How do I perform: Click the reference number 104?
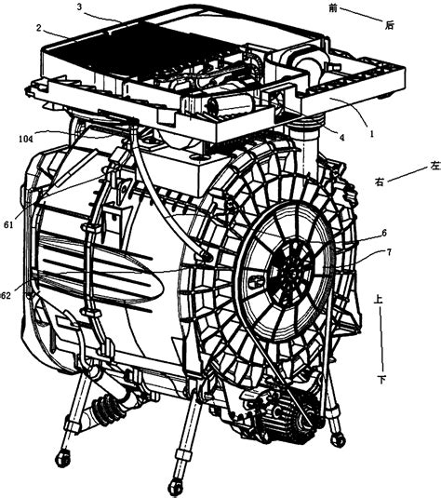coord(26,139)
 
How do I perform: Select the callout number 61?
coord(8,225)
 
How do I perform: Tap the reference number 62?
coord(5,296)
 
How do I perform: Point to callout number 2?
coord(39,28)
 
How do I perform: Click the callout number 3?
coord(79,7)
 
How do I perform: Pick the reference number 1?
coord(372,134)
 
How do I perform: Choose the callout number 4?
coord(341,138)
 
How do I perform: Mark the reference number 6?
coord(384,233)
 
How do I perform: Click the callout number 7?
coord(389,252)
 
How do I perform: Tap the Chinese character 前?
coord(333,8)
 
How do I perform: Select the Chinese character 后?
coord(390,25)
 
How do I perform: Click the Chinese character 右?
coord(379,182)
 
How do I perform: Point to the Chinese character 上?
coord(378,300)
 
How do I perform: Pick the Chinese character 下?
coord(382,379)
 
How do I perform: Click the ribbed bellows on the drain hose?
coord(104,409)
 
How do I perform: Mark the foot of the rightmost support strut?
coord(338,439)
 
